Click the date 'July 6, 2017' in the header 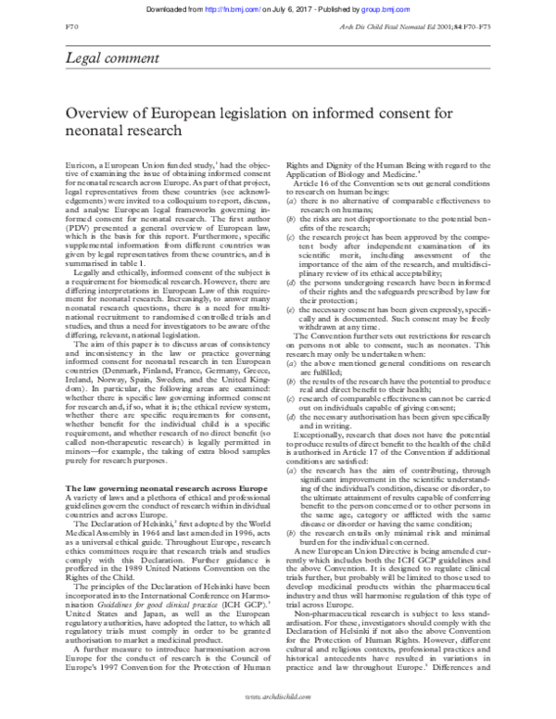click(314, 8)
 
